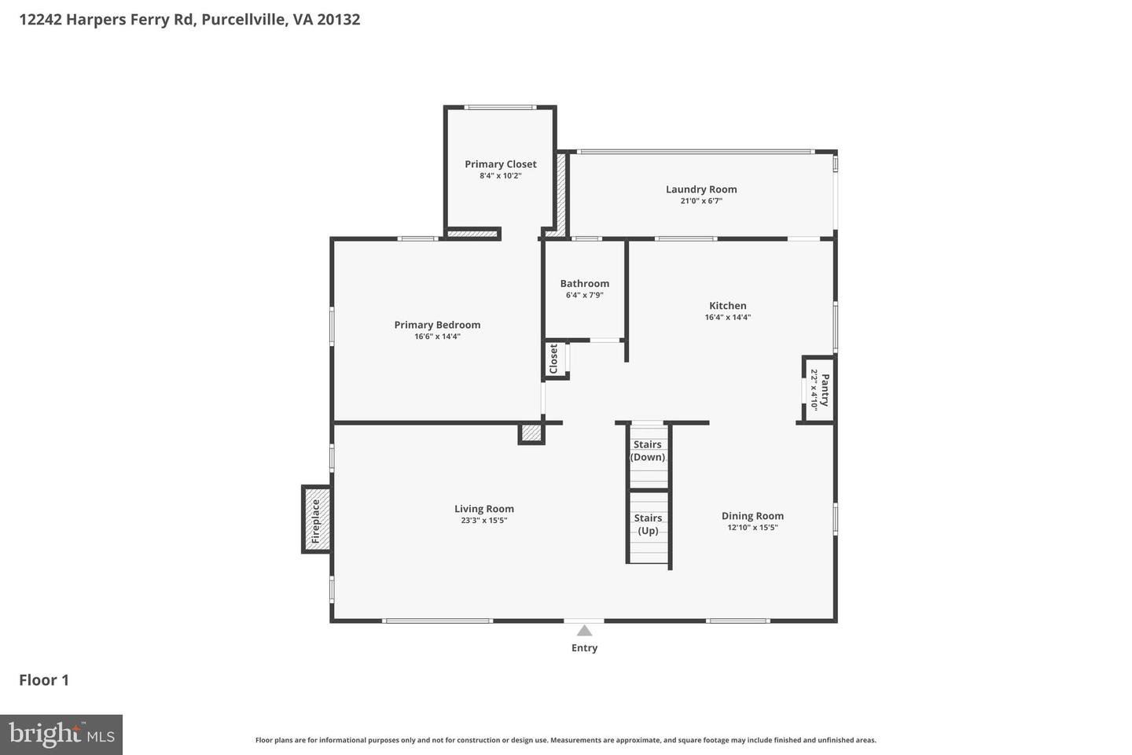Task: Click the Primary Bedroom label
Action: click(x=437, y=325)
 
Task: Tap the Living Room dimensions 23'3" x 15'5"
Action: click(x=484, y=521)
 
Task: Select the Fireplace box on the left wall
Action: click(x=316, y=520)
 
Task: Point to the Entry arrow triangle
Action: click(x=584, y=630)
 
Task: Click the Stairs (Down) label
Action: click(x=648, y=451)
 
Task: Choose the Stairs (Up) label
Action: click(x=648, y=524)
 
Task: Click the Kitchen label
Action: click(x=728, y=306)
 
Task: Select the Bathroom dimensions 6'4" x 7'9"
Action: click(x=584, y=296)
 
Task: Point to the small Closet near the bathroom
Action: click(x=554, y=359)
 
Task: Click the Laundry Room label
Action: click(x=701, y=190)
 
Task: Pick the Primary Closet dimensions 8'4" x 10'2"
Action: click(x=500, y=176)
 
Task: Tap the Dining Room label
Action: click(x=752, y=516)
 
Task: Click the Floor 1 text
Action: click(x=44, y=680)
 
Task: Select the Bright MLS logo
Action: click(x=61, y=735)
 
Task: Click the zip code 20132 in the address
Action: click(x=338, y=19)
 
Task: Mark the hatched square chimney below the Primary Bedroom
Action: click(x=531, y=433)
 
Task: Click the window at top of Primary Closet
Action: click(x=500, y=108)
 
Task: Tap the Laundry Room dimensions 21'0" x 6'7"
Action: click(x=701, y=201)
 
